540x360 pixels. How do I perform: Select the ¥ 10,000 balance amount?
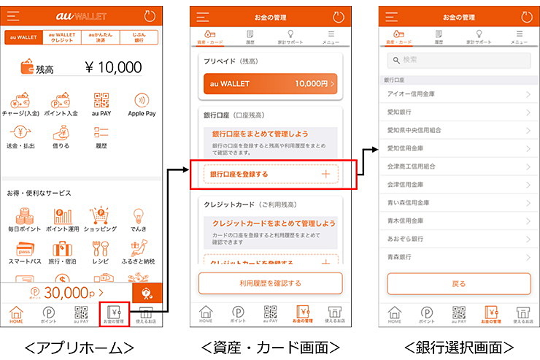[113, 68]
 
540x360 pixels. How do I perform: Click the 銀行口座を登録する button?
[271, 175]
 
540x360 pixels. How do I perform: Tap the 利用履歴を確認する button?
[270, 283]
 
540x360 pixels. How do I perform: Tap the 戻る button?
[458, 283]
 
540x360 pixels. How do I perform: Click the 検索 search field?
[458, 60]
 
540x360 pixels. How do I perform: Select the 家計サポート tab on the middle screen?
[290, 37]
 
